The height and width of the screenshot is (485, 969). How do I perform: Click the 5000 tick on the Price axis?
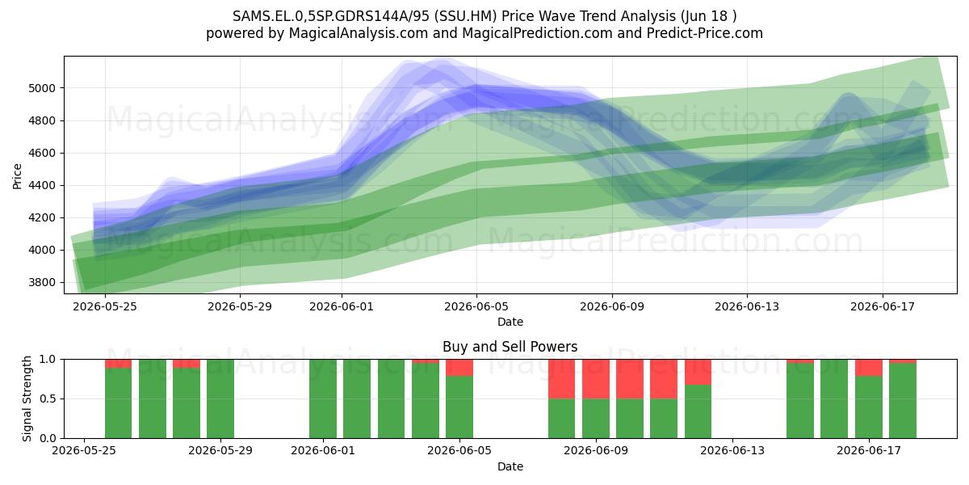click(x=42, y=88)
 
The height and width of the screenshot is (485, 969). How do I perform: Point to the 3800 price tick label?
click(x=42, y=283)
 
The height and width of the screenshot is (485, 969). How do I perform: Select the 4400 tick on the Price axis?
click(x=42, y=185)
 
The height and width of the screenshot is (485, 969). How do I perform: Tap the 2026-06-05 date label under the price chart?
click(x=476, y=306)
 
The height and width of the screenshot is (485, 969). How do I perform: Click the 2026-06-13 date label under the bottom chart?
click(x=732, y=451)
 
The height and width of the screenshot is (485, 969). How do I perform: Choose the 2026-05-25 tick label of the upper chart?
click(x=105, y=306)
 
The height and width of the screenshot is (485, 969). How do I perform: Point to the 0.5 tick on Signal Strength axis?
click(x=48, y=399)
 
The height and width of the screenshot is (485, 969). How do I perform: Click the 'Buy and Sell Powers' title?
click(x=510, y=347)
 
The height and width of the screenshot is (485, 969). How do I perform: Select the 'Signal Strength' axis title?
click(x=27, y=399)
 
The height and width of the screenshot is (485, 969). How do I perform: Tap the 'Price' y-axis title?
click(x=17, y=176)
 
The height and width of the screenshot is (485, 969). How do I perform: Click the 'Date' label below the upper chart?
click(x=510, y=322)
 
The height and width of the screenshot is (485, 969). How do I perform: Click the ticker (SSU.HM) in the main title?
click(x=465, y=16)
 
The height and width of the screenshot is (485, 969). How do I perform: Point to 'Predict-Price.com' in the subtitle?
click(x=705, y=33)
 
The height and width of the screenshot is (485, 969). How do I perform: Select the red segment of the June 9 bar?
click(x=596, y=379)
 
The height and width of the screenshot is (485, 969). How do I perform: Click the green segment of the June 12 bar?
click(x=698, y=411)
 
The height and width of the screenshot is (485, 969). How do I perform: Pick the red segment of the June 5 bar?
click(x=459, y=368)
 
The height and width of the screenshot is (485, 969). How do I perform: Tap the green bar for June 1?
click(x=323, y=399)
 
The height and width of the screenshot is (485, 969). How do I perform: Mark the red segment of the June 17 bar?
click(x=869, y=368)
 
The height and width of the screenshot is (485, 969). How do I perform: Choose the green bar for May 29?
click(x=220, y=399)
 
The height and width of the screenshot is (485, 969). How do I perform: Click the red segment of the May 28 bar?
click(x=187, y=364)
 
